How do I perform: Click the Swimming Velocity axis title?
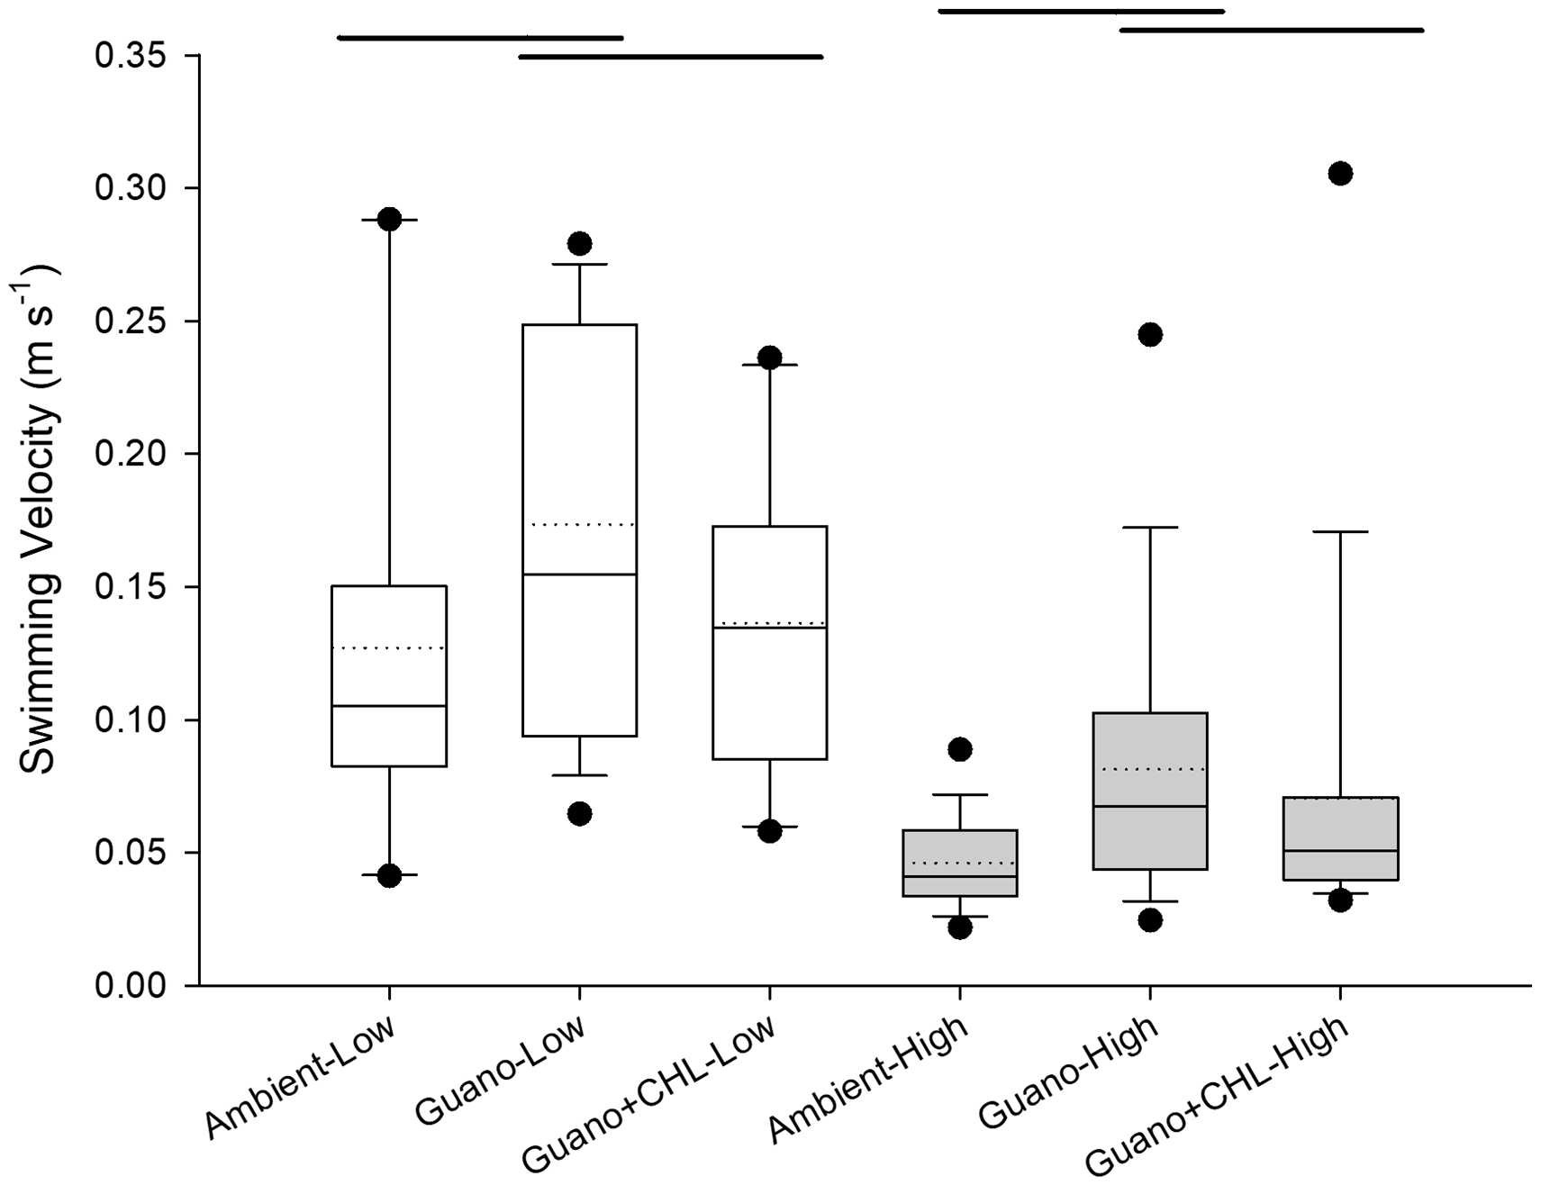(x=38, y=520)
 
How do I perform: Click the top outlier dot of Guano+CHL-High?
(x=1340, y=174)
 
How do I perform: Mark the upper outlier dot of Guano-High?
(x=1150, y=335)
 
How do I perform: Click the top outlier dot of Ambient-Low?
(x=389, y=220)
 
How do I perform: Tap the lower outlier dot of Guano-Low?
(x=579, y=814)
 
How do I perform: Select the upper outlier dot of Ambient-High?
(x=960, y=749)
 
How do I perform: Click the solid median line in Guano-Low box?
(x=579, y=574)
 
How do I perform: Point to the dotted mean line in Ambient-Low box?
(x=389, y=648)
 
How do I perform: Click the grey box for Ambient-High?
(x=960, y=863)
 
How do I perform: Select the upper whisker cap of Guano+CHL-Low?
(x=770, y=365)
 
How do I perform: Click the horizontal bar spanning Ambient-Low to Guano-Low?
(x=480, y=38)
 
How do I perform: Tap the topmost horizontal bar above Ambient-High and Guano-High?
(x=1081, y=12)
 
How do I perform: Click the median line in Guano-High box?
(x=1150, y=807)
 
